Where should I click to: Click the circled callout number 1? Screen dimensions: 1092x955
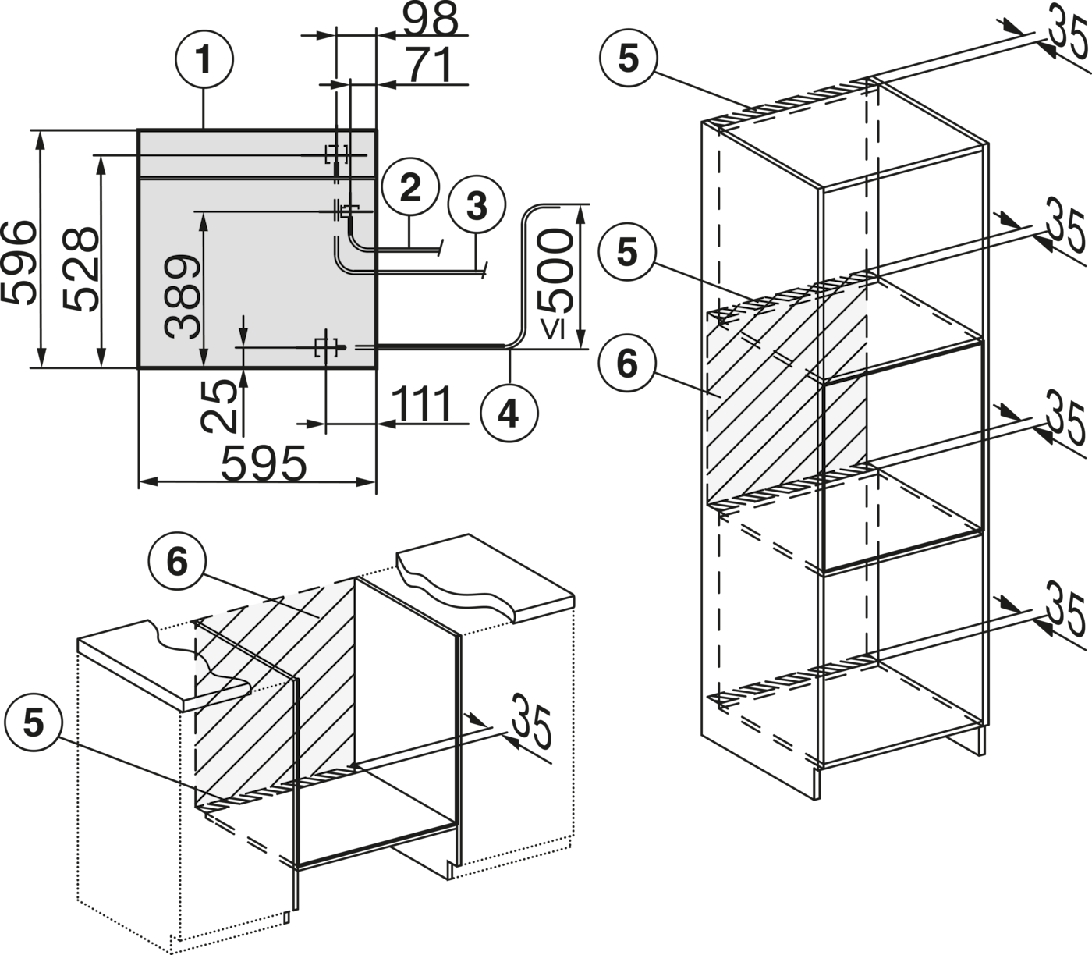204,59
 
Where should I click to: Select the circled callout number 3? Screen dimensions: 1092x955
477,205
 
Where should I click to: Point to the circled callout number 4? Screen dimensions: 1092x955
509,414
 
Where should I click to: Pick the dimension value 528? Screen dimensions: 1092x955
82,269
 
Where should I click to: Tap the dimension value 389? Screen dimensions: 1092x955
183,296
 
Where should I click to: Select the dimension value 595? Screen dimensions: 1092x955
264,463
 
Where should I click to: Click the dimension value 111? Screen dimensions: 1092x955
423,403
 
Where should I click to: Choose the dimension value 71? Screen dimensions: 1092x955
431,65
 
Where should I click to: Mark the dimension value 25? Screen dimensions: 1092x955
218,406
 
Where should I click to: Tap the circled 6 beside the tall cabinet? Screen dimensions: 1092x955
627,364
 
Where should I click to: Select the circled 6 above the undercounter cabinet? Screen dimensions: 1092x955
177,562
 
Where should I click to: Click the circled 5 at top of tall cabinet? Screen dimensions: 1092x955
628,59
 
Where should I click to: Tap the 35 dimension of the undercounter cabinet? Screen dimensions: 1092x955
530,720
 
